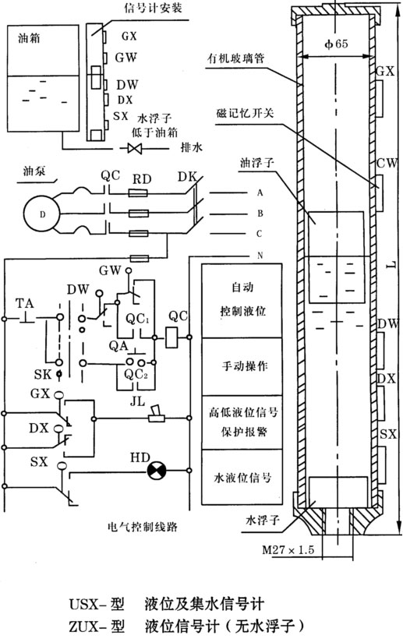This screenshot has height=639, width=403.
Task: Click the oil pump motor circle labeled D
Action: click(41, 214)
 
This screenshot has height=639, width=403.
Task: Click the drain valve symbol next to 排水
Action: click(135, 148)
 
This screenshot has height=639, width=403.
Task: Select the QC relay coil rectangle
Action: click(171, 337)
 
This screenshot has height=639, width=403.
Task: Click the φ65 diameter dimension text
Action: click(336, 44)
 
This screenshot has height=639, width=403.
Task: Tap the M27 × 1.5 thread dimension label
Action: click(288, 549)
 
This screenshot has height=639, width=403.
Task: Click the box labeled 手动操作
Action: click(242, 366)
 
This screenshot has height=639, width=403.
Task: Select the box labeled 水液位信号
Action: click(242, 477)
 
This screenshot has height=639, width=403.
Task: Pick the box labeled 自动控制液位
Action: click(242, 300)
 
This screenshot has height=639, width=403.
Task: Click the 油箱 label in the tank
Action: click(29, 38)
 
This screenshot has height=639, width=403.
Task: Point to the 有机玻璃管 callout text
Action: click(236, 58)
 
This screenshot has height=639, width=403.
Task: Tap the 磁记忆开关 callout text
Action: click(245, 113)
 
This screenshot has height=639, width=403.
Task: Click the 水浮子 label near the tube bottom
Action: click(263, 521)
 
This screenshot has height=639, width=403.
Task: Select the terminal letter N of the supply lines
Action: click(260, 256)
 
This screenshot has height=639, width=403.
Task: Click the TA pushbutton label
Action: click(24, 303)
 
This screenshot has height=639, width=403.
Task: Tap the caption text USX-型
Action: click(97, 604)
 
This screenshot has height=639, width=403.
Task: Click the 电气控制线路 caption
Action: click(143, 527)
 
